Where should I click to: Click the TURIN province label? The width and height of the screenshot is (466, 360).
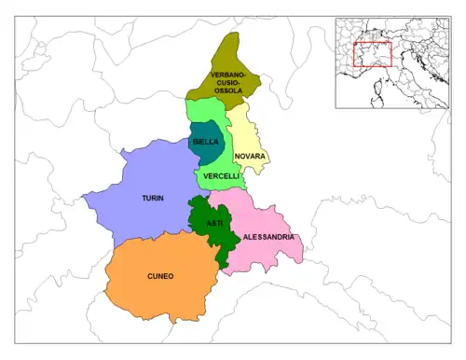[153, 199]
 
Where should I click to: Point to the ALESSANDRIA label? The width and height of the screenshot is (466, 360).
[268, 238]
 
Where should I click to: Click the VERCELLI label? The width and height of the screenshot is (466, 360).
[220, 175]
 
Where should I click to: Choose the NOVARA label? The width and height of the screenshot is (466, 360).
[250, 156]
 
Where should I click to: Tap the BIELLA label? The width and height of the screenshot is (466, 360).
[205, 142]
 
